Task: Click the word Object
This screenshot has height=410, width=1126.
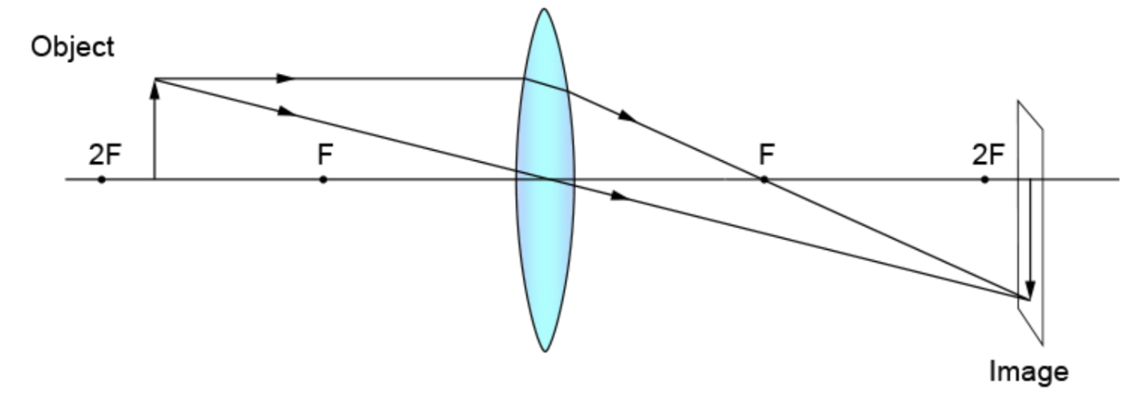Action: [72, 47]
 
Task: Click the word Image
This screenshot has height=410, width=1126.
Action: [1029, 372]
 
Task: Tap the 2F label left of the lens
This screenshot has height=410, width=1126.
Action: [104, 156]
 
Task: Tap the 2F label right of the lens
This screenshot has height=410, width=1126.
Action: [987, 156]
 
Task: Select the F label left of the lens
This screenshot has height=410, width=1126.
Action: [325, 156]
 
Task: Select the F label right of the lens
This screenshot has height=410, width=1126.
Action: [766, 156]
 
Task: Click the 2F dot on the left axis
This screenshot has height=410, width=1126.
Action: [102, 179]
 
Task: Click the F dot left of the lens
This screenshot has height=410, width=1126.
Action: [323, 179]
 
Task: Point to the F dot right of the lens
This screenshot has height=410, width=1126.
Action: [764, 179]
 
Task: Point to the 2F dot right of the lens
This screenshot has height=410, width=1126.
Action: [985, 179]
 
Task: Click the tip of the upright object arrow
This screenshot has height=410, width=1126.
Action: [155, 80]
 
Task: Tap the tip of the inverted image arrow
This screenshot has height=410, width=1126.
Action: [1030, 296]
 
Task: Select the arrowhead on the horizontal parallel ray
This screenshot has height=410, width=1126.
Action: [285, 78]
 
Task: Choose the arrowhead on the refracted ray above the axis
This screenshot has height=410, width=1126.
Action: [628, 115]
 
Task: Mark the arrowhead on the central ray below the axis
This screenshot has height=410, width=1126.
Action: [619, 196]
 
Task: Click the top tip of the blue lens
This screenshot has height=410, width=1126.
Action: [543, 9]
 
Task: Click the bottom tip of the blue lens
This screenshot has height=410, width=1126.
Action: [544, 351]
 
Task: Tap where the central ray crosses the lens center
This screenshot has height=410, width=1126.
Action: [545, 179]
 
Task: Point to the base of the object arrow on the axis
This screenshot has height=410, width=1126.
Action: [155, 179]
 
